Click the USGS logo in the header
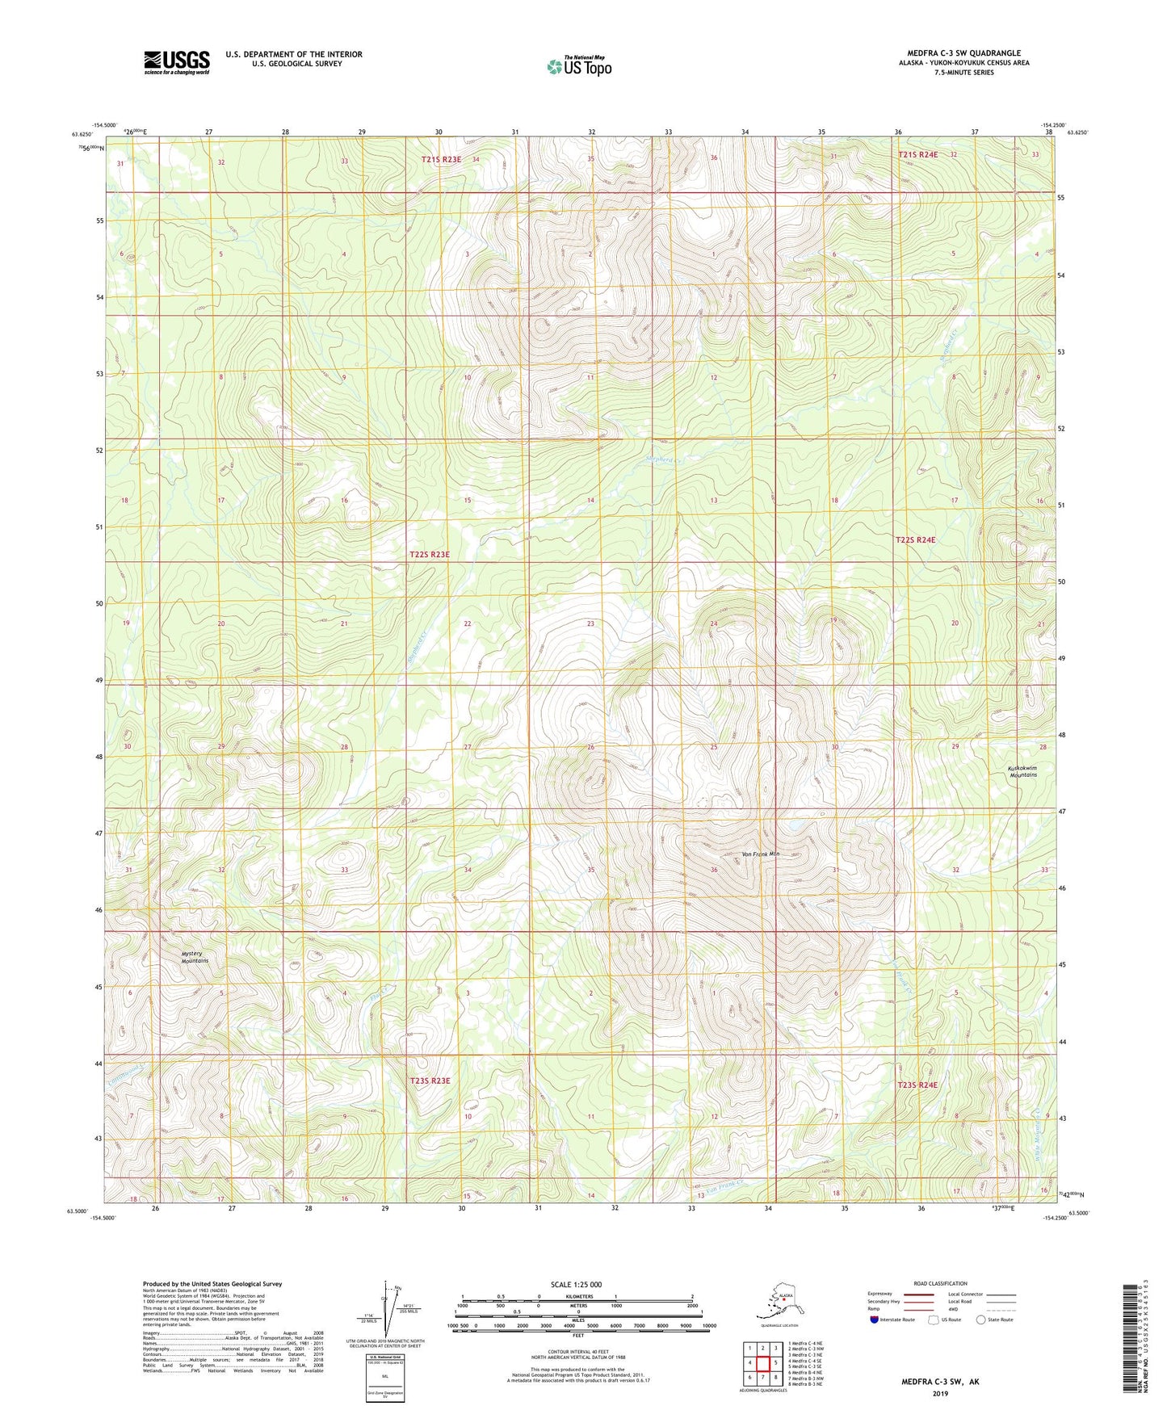[177, 62]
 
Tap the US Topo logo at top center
[578, 65]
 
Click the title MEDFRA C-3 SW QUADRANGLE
[963, 53]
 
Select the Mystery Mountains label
[195, 957]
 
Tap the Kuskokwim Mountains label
[1022, 771]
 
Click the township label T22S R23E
[429, 555]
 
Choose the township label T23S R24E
[917, 1085]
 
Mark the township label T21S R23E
[441, 160]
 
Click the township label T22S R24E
[915, 539]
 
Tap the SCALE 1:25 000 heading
[576, 1284]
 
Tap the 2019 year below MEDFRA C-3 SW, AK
[940, 1393]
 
